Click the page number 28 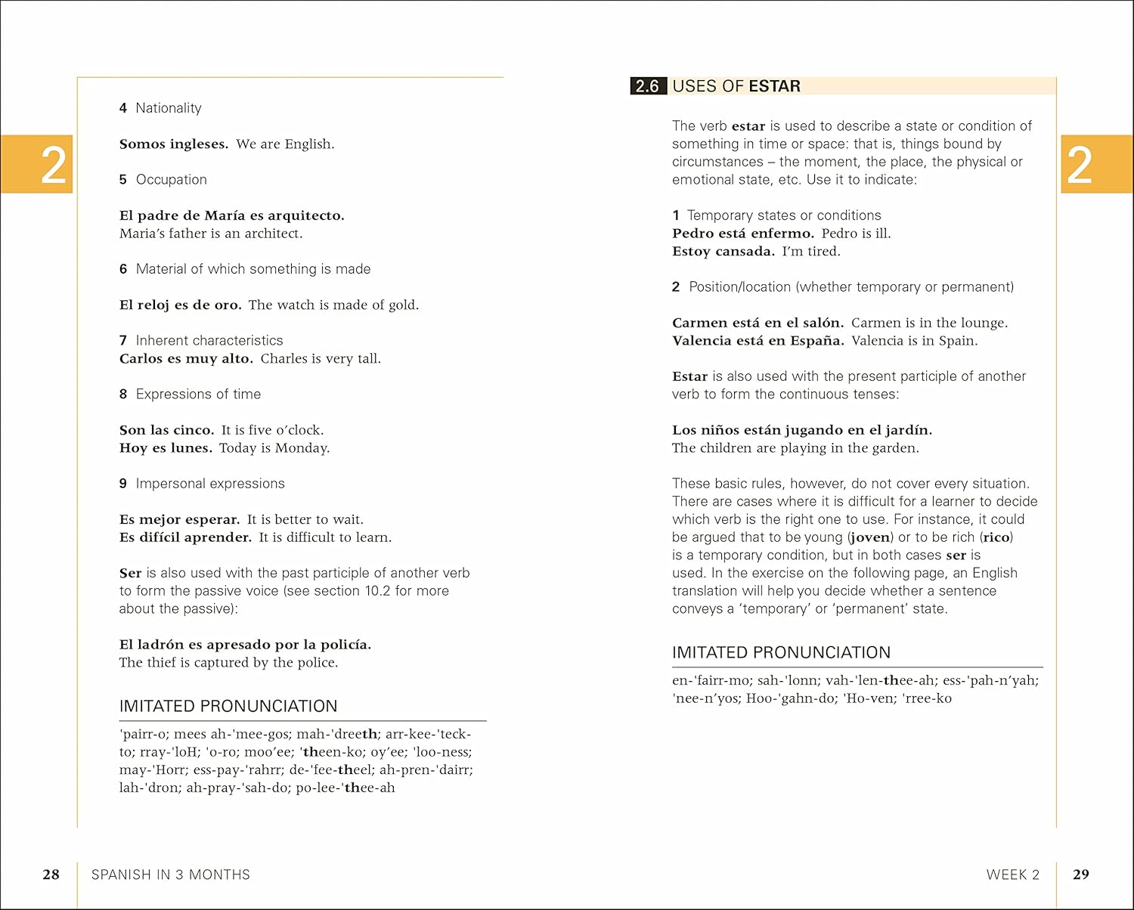pos(51,874)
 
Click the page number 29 pos(1081,874)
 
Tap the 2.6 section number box pos(648,86)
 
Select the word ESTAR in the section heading pos(775,86)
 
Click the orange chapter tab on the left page pos(37,164)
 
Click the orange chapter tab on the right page pos(1095,164)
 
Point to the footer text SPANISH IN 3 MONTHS pos(170,874)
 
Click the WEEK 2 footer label pos(1013,874)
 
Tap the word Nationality pos(169,108)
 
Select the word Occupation pos(172,180)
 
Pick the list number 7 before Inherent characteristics pos(123,341)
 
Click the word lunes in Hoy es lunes pos(191,448)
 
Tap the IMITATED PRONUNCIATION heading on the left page pos(228,706)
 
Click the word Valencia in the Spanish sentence pos(701,341)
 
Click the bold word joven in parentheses pos(871,537)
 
